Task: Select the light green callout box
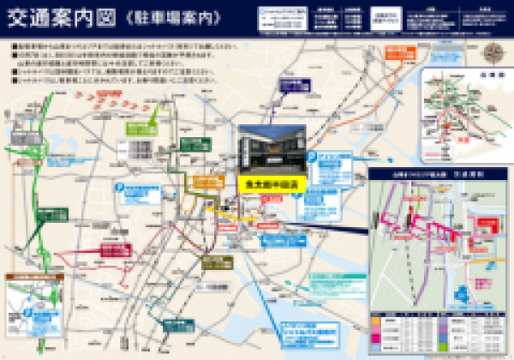(x=142, y=129)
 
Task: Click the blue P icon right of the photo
(x=313, y=159)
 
